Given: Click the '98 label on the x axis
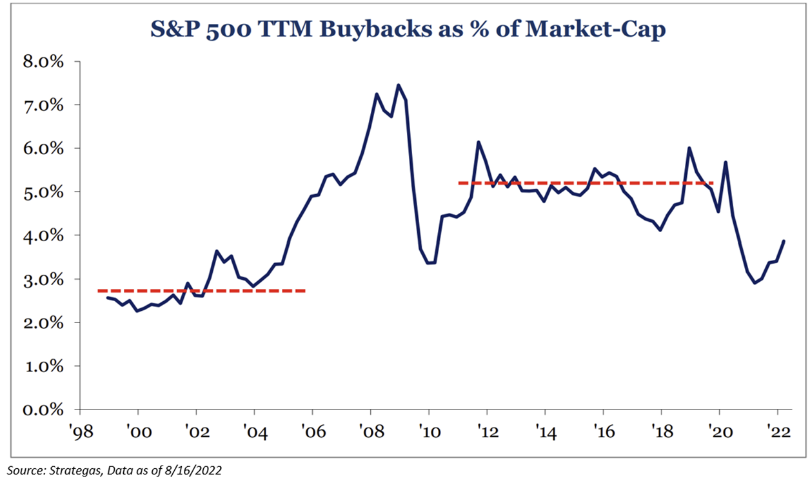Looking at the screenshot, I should click(x=80, y=431).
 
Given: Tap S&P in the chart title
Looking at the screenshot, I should click(x=170, y=30).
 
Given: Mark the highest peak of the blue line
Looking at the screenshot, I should click(x=398, y=84).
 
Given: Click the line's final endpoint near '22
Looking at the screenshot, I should click(x=784, y=241).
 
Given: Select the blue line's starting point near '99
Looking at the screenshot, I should click(x=107, y=297).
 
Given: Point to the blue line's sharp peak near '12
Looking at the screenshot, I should click(x=479, y=142).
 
